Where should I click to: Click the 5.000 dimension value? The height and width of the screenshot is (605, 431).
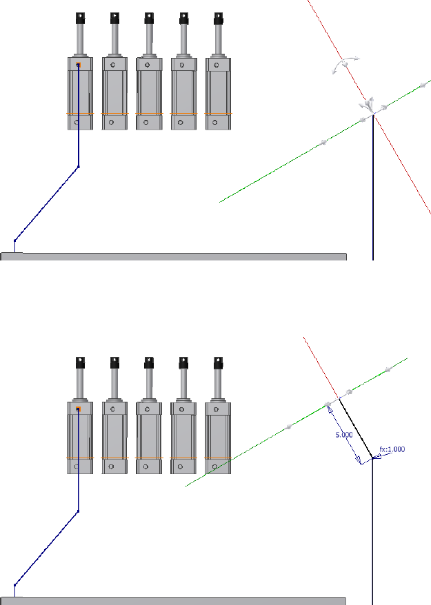[x=343, y=435]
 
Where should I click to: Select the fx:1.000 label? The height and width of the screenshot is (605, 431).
[x=392, y=449]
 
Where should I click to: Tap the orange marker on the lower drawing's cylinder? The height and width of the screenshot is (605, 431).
[x=78, y=409]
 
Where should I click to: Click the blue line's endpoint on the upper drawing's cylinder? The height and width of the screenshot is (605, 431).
[x=78, y=65]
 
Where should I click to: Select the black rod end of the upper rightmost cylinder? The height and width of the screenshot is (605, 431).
[x=218, y=17]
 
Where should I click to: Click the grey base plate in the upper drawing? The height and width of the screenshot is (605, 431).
[x=172, y=256]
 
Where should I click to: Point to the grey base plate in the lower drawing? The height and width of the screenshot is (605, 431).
[x=172, y=601]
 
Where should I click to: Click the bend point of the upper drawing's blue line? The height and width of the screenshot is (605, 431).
[x=78, y=167]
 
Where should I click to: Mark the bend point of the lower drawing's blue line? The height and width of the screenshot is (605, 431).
[x=78, y=511]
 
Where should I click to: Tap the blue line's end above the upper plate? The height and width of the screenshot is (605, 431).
[x=15, y=240]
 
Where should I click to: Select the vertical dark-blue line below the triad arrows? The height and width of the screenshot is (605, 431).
[x=373, y=193]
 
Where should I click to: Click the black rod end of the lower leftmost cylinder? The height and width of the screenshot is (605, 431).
[x=80, y=362]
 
